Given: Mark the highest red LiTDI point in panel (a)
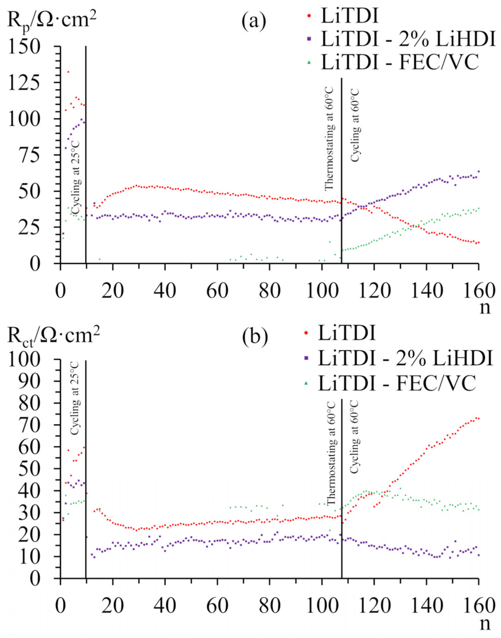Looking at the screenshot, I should coord(68,72).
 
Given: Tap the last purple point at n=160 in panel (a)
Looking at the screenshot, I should coord(479,171).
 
